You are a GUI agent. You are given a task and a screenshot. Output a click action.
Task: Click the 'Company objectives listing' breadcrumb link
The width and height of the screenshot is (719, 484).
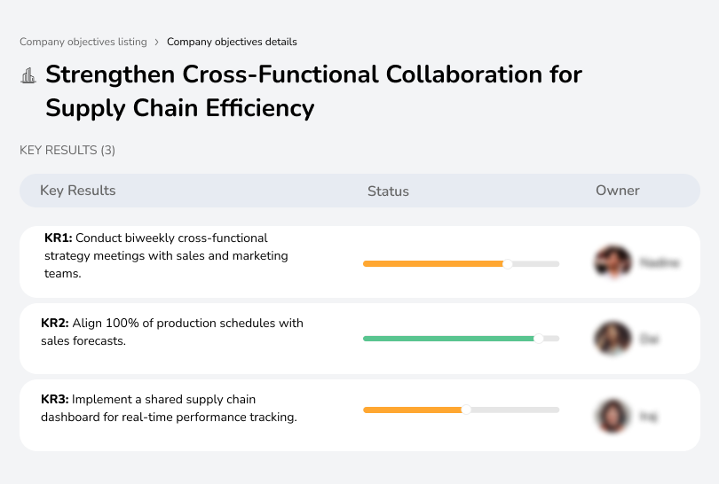[x=83, y=42]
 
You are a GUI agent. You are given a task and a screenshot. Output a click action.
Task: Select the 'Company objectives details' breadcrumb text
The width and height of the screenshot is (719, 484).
[x=232, y=42]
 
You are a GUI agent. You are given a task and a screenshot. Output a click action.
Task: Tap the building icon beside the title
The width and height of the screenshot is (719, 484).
[x=28, y=75]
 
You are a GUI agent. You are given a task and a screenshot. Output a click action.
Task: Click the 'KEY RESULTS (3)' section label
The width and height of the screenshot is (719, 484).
[x=67, y=151]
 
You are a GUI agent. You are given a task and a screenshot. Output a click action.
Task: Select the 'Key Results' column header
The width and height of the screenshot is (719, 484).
[x=78, y=191]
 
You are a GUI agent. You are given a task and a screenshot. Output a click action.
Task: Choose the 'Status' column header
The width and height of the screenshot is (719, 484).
[x=388, y=191]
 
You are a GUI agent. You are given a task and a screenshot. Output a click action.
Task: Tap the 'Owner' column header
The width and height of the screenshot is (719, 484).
[x=618, y=191]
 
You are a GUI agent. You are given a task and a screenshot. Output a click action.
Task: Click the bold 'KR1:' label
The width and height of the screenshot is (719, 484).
[x=59, y=238]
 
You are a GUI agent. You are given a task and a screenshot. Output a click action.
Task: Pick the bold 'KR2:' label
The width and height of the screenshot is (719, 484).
[x=55, y=324]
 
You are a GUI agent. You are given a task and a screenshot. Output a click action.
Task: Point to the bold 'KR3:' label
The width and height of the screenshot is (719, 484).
[x=55, y=400]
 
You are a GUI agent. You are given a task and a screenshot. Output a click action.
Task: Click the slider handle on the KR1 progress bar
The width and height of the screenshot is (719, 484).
[x=508, y=263]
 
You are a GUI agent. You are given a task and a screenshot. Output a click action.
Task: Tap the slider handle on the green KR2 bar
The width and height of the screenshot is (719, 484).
[x=538, y=339]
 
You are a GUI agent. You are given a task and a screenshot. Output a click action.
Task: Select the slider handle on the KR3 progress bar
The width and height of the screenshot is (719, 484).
[x=466, y=410]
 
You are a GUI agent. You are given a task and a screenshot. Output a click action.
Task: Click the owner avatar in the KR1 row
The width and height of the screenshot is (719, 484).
[x=612, y=262]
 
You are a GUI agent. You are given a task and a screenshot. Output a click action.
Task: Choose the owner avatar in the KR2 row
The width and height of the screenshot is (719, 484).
[x=612, y=339]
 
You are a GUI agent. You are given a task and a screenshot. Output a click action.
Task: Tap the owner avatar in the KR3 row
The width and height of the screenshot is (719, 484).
[x=612, y=416]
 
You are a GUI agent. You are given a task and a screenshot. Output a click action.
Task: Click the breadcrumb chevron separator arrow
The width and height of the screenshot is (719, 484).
[x=157, y=42]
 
